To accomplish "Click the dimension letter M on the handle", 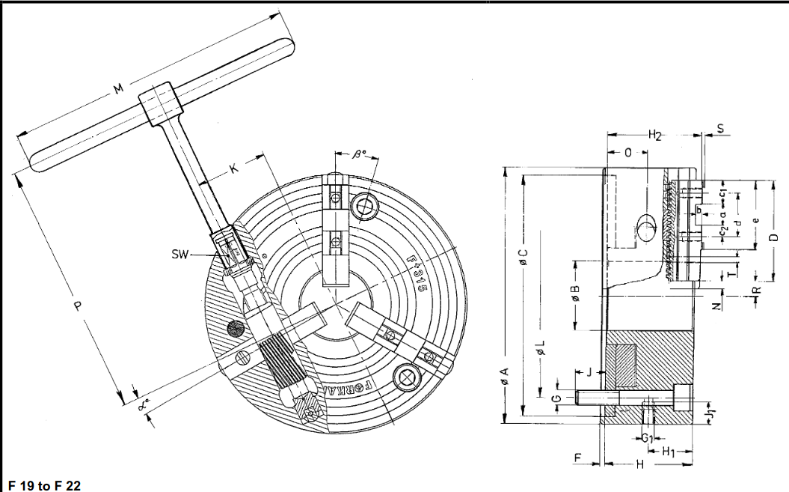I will point(118,90).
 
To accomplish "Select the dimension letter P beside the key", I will point(76,309).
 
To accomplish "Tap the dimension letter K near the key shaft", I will point(235,169).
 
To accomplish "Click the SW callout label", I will point(180,255).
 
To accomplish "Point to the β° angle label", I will point(360,156).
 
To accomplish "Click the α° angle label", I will point(144,405).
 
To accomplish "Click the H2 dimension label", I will point(655,136).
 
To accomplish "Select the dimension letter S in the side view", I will point(720,128).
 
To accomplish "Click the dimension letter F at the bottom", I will point(577,457).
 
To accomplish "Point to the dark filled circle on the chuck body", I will point(235,328).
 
